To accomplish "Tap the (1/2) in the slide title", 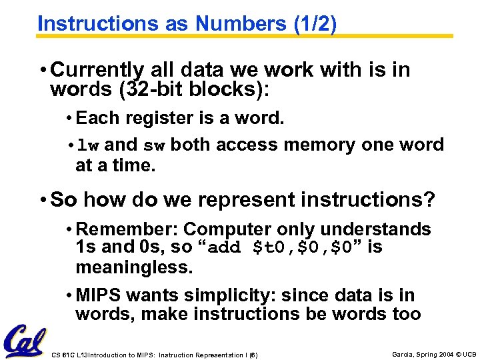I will click(x=314, y=23).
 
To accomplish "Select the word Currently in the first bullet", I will click(x=97, y=70).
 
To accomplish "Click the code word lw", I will click(x=89, y=145).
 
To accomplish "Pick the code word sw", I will click(x=154, y=145).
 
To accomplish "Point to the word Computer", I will click(x=224, y=229).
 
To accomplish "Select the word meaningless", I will click(x=134, y=267).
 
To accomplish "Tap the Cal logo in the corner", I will click(x=25, y=340).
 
